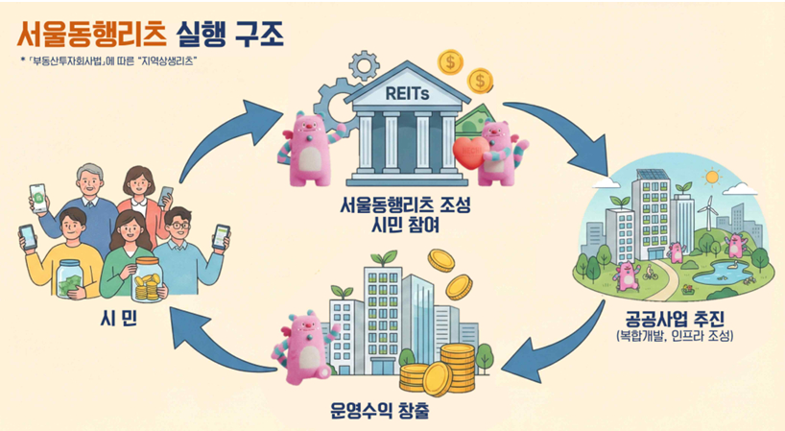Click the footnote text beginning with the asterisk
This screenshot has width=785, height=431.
click(x=115, y=62)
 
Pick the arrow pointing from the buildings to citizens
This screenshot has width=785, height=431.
click(x=221, y=345)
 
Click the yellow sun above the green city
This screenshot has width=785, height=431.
click(x=711, y=177)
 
